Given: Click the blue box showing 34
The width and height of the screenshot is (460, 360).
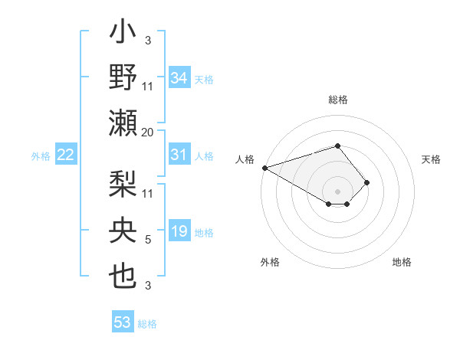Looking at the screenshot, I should point(179,77).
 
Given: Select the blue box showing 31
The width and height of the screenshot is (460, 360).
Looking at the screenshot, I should point(179,155).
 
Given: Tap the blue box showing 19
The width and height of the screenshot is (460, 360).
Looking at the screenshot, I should point(179,231).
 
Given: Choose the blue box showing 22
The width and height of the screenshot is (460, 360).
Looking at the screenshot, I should point(66,155).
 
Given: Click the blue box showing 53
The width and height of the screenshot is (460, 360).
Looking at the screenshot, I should point(123,322).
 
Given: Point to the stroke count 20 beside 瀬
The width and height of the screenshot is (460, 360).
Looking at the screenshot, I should point(148,132).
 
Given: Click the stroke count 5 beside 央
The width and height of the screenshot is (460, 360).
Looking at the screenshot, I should point(148,240).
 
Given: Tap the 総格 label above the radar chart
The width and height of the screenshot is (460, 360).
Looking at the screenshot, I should point(337,100).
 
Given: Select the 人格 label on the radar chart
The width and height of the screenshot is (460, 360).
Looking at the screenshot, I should point(245,159).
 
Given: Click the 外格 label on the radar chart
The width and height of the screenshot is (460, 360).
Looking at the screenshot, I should point(270,262).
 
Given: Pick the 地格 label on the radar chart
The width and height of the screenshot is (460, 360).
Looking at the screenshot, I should point(402,262).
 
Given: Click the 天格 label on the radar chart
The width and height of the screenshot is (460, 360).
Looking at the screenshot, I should point(431,159).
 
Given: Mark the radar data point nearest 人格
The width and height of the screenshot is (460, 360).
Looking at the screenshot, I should point(264,168).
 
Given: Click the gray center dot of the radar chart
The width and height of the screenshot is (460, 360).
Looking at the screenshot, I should point(337,191).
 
